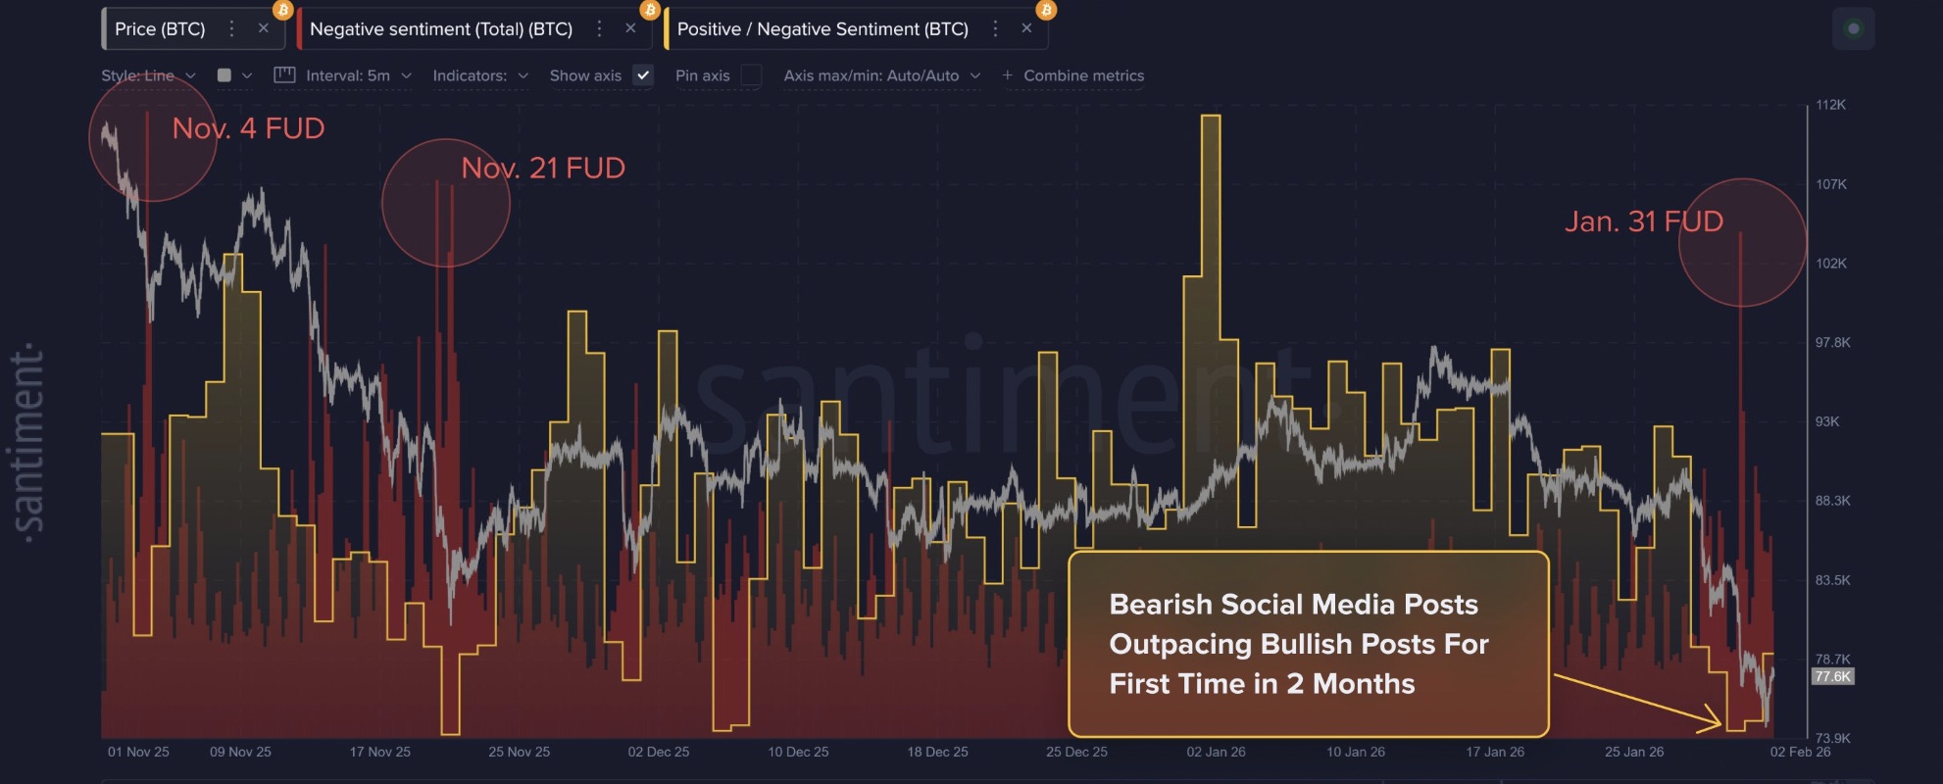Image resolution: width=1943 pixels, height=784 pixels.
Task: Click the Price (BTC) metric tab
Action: (x=160, y=29)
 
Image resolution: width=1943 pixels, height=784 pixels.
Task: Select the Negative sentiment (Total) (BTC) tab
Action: (x=441, y=29)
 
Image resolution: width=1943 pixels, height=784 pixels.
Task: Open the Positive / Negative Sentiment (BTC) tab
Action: (x=822, y=29)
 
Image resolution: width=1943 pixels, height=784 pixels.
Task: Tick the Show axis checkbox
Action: (x=643, y=75)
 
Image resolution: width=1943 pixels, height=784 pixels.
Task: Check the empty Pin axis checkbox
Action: (x=751, y=75)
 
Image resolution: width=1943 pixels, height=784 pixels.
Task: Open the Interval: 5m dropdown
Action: (x=348, y=75)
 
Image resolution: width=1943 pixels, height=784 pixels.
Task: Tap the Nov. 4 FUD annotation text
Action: (x=248, y=128)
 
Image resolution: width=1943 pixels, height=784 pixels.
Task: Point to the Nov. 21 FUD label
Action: (x=543, y=168)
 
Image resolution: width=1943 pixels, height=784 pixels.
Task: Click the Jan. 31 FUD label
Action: (x=1644, y=221)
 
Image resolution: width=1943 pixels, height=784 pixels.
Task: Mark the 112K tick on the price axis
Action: (x=1830, y=105)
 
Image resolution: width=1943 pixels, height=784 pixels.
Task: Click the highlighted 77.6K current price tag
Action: (x=1832, y=676)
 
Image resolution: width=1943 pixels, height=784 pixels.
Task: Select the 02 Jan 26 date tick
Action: (x=1216, y=752)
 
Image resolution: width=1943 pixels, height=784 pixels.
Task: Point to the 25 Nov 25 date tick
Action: (x=520, y=752)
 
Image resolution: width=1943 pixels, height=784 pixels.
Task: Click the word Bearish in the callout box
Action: (x=1160, y=605)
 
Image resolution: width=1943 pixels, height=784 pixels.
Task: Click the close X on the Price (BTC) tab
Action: (x=263, y=28)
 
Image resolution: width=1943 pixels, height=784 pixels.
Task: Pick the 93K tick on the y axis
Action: (x=1827, y=421)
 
